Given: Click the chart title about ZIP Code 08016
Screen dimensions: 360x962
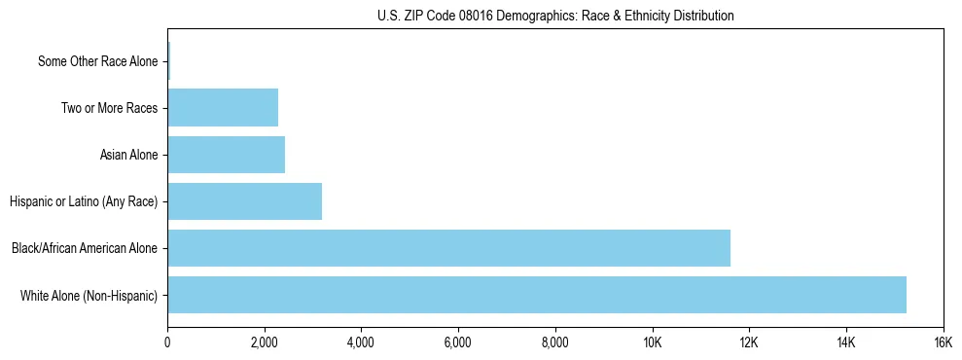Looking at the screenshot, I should (554, 16).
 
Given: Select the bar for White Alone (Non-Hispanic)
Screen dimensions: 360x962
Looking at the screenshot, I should (537, 295).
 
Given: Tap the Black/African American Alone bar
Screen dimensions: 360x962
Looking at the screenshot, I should (448, 248).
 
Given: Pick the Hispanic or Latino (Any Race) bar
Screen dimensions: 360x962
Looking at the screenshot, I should (244, 201).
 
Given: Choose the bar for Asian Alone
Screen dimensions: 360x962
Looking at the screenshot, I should (226, 155).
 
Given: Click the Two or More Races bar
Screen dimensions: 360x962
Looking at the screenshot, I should (223, 108).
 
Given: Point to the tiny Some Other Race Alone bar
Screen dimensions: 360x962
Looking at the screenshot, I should (168, 61).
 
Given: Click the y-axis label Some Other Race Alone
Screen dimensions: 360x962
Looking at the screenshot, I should (97, 61).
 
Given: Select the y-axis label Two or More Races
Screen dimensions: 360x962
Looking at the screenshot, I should (109, 108).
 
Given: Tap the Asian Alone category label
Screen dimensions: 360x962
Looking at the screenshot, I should (128, 155).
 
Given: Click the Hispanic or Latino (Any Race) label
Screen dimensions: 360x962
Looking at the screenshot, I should (84, 201).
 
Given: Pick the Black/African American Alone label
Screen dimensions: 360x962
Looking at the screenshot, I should (85, 248).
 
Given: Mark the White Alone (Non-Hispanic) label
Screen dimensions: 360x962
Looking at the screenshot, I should (89, 295).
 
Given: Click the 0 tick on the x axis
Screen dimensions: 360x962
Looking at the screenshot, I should (167, 342).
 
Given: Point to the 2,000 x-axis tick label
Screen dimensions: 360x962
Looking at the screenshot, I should (264, 342).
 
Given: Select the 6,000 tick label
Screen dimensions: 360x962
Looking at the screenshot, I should (457, 342).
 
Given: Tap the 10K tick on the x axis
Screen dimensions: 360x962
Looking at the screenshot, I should (652, 342).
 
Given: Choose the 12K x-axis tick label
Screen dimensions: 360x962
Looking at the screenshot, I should (749, 342).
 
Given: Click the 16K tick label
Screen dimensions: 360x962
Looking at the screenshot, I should (943, 342).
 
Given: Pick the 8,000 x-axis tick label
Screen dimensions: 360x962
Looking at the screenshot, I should (554, 342).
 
